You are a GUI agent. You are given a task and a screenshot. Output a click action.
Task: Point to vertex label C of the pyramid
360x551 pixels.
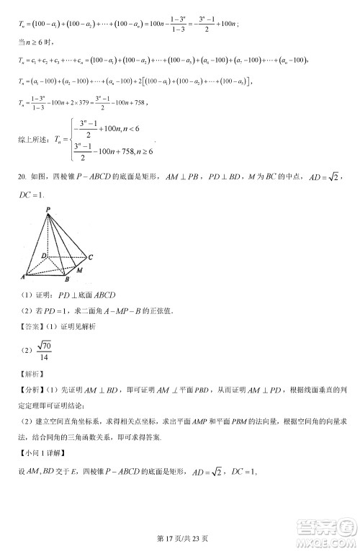91,256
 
